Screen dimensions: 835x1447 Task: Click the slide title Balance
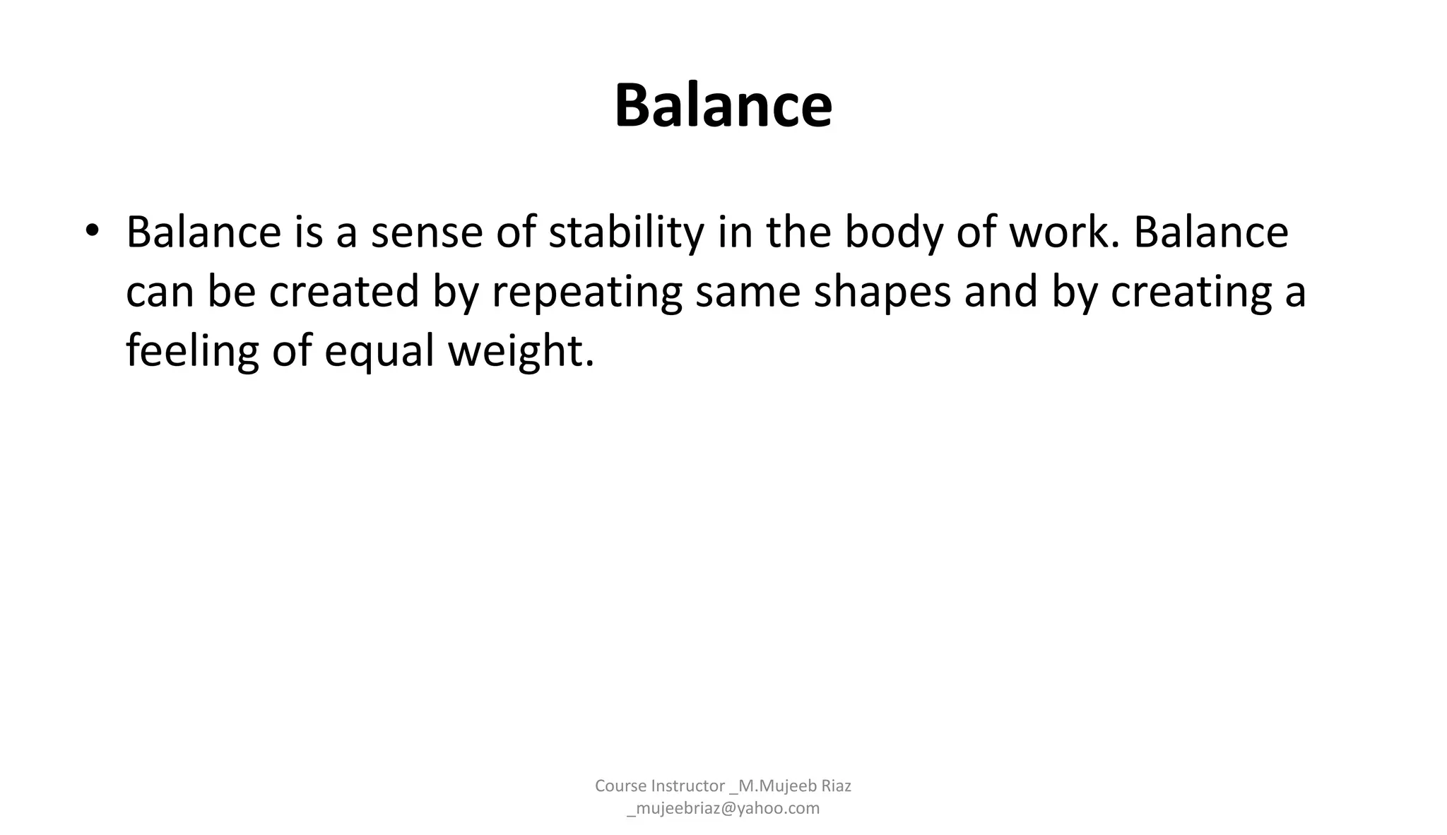[x=723, y=106]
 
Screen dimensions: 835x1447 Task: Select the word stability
[x=626, y=232]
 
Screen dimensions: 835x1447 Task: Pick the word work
[x=1065, y=232]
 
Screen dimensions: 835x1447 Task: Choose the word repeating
[x=586, y=292]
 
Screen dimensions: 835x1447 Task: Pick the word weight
[x=521, y=351]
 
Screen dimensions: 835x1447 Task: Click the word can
[x=160, y=292]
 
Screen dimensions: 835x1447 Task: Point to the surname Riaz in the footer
[x=835, y=786]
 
